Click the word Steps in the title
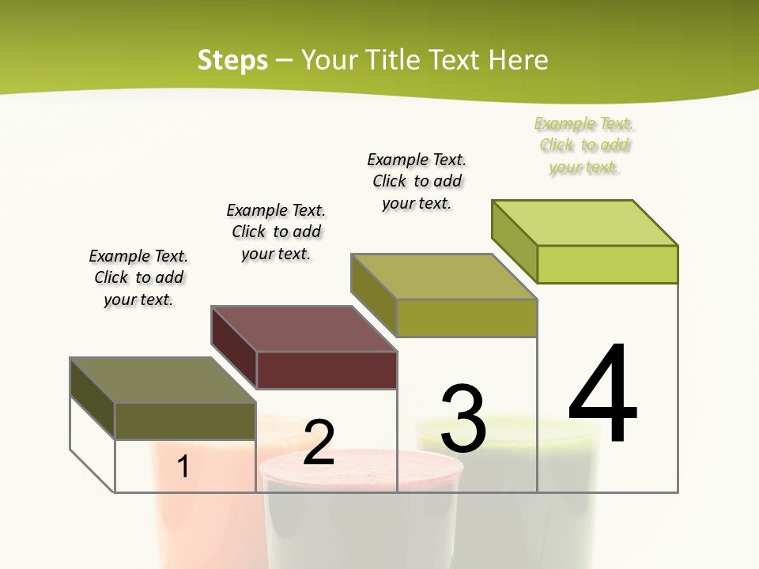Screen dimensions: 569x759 [x=232, y=60]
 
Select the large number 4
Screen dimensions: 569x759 [x=602, y=394]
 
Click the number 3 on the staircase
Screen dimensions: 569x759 [x=463, y=419]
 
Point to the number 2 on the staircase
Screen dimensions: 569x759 [x=319, y=443]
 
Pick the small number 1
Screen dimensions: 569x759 [x=183, y=466]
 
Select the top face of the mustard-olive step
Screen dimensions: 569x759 [x=443, y=277]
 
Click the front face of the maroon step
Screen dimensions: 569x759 [x=327, y=370]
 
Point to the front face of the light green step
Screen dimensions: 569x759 [x=607, y=264]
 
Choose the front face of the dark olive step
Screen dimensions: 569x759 [x=185, y=420]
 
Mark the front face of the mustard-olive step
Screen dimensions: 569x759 [x=466, y=318]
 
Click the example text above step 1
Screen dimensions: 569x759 [x=138, y=277]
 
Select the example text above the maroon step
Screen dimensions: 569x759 [x=276, y=232]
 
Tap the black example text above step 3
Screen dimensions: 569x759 [x=417, y=181]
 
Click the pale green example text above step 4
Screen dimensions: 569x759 [x=584, y=145]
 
